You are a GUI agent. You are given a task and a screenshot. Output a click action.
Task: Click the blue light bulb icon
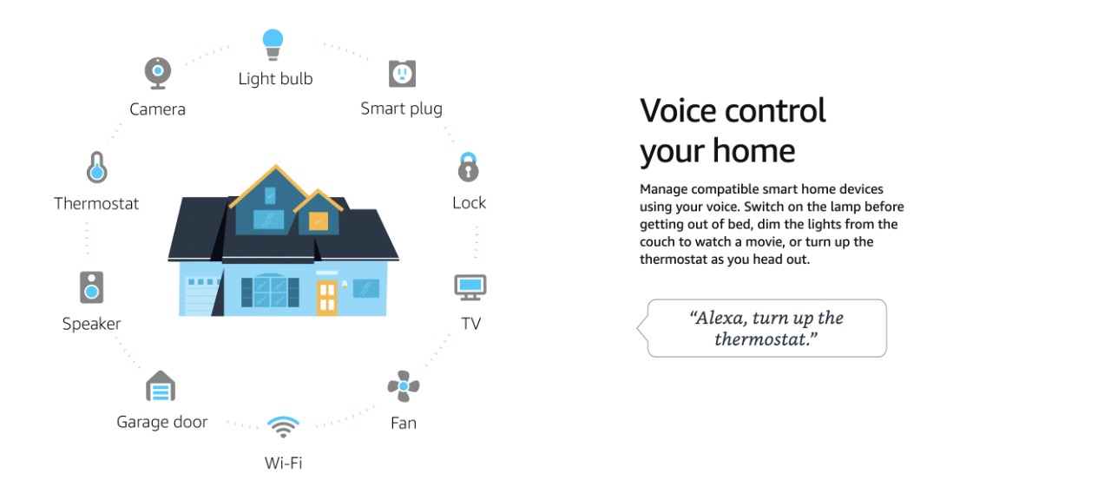point(273,44)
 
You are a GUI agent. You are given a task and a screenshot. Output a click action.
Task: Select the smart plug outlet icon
point(402,74)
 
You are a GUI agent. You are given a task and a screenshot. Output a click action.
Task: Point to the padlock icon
point(468,168)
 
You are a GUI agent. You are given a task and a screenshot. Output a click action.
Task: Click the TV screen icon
point(470,287)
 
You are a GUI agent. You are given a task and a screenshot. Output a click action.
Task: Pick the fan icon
point(404,386)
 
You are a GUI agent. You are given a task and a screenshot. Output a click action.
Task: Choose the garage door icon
point(161,386)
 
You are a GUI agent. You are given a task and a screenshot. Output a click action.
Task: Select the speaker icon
point(92,287)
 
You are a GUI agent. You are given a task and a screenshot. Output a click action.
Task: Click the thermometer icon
point(96,168)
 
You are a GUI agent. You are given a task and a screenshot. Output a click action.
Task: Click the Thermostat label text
point(96,203)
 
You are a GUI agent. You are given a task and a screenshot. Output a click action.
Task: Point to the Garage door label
point(162,422)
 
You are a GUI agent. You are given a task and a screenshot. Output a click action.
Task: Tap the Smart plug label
point(401,109)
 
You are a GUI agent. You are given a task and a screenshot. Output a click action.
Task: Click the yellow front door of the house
point(327,297)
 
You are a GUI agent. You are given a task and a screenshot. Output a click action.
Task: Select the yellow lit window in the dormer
point(319,220)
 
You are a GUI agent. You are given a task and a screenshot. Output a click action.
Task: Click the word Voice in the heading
point(679,110)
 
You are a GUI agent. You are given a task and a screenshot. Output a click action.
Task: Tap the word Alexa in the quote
point(718,318)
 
